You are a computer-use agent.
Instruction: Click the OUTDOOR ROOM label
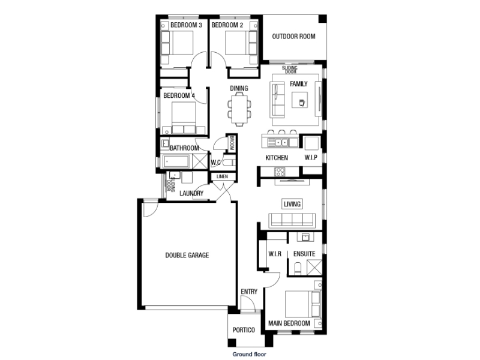coord(293,37)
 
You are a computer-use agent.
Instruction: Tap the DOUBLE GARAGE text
coord(187,256)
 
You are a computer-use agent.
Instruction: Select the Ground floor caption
coord(249,354)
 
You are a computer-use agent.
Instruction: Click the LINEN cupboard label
coord(222,176)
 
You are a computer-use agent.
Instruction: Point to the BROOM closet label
coord(232,143)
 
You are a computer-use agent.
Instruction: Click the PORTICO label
coord(244,330)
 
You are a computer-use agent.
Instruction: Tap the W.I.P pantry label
coord(311,158)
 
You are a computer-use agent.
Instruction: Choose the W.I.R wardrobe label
coord(275,254)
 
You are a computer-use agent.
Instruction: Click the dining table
coord(239,109)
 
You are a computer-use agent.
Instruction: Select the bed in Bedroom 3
coord(178,43)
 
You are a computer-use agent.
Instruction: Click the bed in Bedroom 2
coord(241,43)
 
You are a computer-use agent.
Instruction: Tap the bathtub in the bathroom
coord(176,161)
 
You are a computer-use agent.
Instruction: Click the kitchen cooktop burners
coord(280,172)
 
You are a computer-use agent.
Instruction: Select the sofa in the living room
coord(292,220)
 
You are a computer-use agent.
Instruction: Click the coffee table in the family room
coord(299,100)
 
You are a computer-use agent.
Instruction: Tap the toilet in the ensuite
coord(298,268)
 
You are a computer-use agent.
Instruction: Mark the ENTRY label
coord(249,292)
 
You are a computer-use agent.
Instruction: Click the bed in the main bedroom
coord(302,304)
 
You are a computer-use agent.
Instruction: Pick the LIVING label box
coord(292,204)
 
